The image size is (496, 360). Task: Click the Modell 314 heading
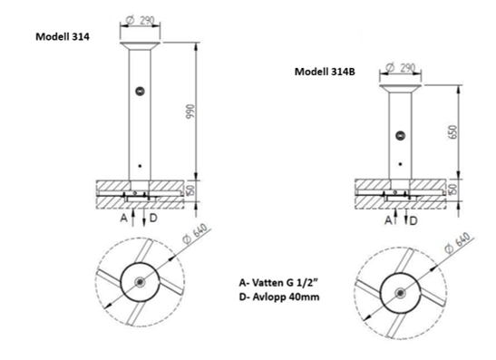[x=63, y=36]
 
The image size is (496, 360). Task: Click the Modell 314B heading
[x=325, y=72]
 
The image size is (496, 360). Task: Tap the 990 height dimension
[x=191, y=111]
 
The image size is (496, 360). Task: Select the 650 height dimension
[x=452, y=131]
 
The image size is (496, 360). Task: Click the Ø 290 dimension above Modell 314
[x=140, y=21]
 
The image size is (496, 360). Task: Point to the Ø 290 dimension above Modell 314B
[x=401, y=68]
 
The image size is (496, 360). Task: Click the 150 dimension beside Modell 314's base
[x=190, y=190]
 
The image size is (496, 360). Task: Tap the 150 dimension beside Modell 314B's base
[x=453, y=190]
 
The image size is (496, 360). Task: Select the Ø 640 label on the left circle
[x=196, y=234]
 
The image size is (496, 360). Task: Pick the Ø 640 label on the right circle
[x=457, y=243]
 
